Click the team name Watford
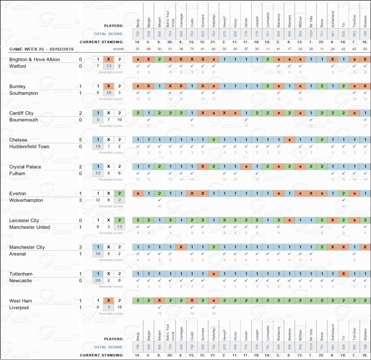point(19,66)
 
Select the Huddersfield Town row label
point(29,146)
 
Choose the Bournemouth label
point(23,120)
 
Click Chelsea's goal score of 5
point(80,140)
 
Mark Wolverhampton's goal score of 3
point(80,200)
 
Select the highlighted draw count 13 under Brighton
point(109,66)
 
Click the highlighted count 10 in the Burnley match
point(109,93)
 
